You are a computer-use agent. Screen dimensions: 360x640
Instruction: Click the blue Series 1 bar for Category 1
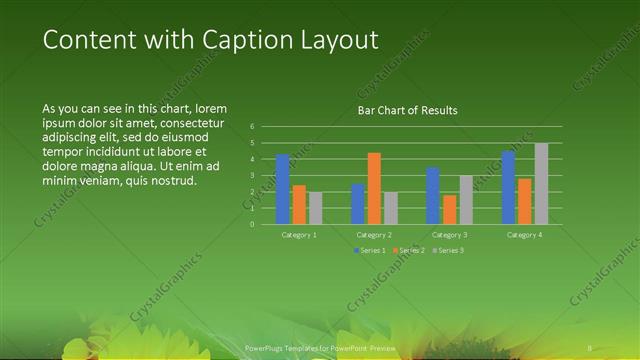coord(283,189)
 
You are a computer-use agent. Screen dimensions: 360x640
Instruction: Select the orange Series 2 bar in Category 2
coord(374,188)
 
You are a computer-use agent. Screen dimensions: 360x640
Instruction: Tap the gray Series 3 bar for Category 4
coord(541,183)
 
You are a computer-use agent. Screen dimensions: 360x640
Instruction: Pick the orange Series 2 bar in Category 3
coord(449,209)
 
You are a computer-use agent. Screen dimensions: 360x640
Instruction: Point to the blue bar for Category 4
coord(508,187)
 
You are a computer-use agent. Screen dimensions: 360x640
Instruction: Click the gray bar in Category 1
coord(316,208)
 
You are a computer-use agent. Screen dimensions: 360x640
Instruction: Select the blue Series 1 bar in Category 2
coord(358,204)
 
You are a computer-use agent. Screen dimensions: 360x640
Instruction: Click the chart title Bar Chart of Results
coord(407,110)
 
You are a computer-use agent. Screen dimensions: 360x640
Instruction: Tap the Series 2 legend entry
coord(408,249)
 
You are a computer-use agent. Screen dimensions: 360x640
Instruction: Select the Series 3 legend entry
coord(447,249)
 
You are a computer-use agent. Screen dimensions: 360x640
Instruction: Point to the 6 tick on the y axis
coord(252,126)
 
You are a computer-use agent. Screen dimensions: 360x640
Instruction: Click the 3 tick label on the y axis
coord(252,175)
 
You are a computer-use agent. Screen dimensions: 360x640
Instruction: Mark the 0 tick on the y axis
coord(252,224)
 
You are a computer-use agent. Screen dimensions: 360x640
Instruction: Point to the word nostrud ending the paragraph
coord(173,181)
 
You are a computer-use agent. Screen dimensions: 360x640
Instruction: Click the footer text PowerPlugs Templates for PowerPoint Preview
coord(320,346)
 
